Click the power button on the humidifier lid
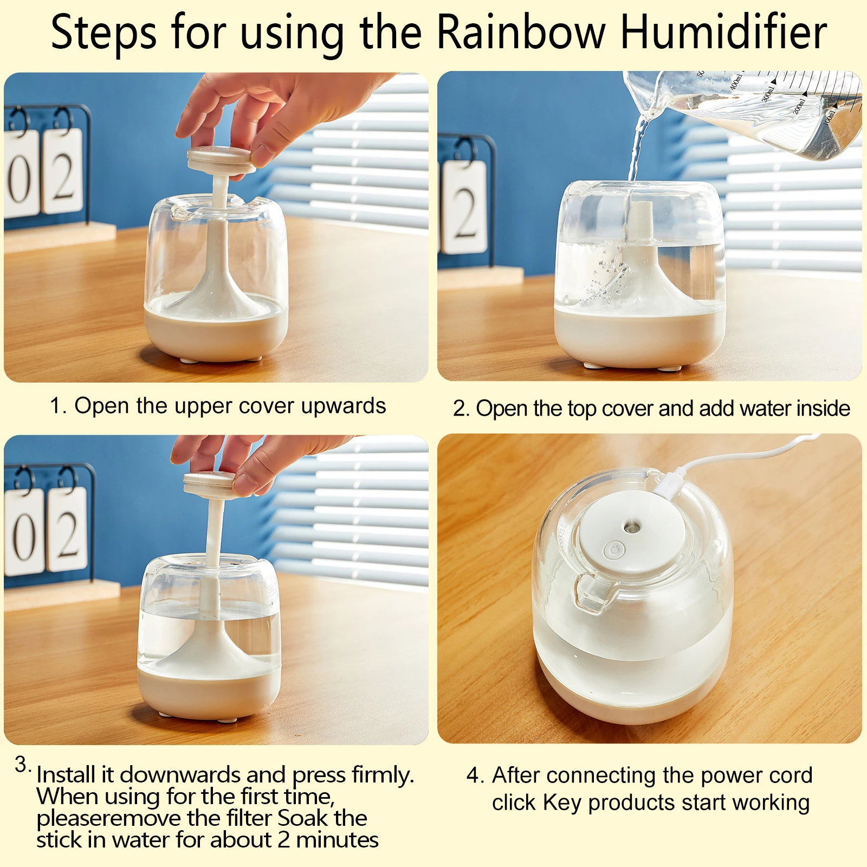click(x=614, y=550)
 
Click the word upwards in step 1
click(x=343, y=406)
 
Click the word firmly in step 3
click(x=383, y=775)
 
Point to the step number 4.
click(x=474, y=775)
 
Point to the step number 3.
click(x=22, y=765)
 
